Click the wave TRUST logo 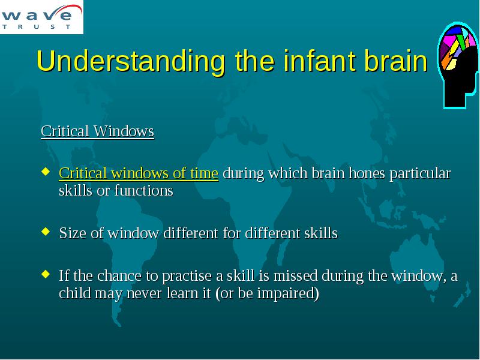pyautogui.click(x=41, y=17)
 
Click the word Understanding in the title pyautogui.click(x=131, y=61)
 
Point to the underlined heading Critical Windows pyautogui.click(x=97, y=131)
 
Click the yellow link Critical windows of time pyautogui.click(x=139, y=173)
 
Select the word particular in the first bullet pyautogui.click(x=420, y=174)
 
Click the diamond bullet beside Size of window pyautogui.click(x=46, y=231)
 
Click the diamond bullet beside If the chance pyautogui.click(x=46, y=274)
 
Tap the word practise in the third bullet pyautogui.click(x=187, y=276)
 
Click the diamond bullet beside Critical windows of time pyautogui.click(x=46, y=171)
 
